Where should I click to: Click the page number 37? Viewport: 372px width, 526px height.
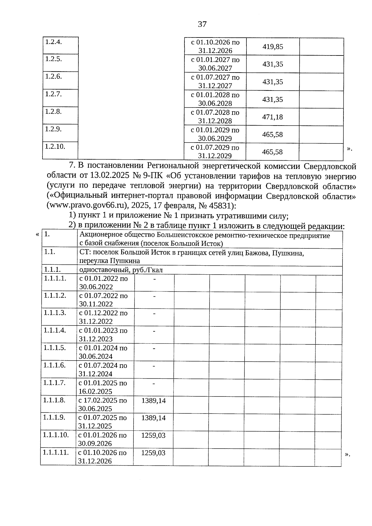(202, 24)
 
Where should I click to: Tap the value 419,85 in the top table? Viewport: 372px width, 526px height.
(273, 47)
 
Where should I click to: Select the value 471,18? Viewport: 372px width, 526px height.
(272, 117)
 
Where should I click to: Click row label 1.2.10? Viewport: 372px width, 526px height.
(55, 146)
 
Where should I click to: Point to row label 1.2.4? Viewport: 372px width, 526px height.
(53, 42)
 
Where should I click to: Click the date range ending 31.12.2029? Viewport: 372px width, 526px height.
(215, 152)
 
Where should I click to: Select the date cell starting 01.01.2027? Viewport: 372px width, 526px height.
(215, 64)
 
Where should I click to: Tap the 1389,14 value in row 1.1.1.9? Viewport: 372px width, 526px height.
(153, 418)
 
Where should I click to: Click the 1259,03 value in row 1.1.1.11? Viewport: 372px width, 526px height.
(153, 453)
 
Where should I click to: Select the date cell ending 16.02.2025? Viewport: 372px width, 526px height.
(103, 387)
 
